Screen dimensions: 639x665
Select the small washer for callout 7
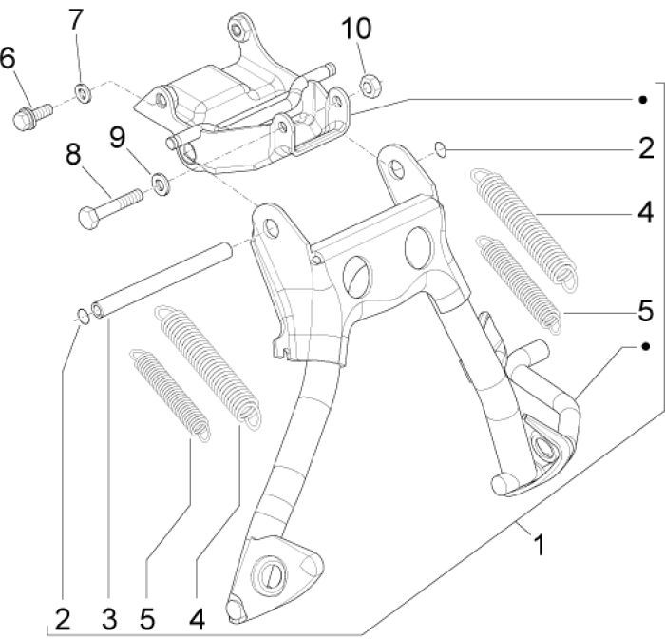pyautogui.click(x=82, y=93)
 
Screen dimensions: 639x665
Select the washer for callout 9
pyautogui.click(x=161, y=181)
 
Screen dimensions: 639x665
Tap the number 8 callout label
pyautogui.click(x=72, y=152)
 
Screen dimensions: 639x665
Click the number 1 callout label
pyautogui.click(x=539, y=546)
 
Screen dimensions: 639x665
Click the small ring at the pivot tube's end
pyautogui.click(x=83, y=318)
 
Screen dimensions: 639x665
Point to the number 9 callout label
pyautogui.click(x=117, y=138)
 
